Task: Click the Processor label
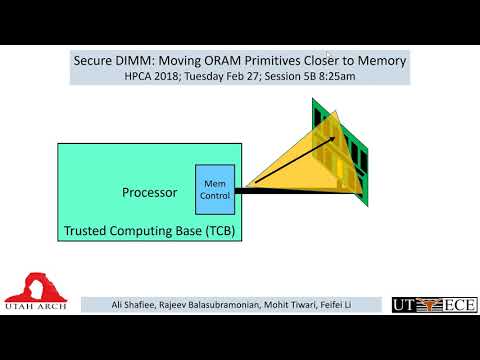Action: tap(149, 192)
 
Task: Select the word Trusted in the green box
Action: tap(88, 231)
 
